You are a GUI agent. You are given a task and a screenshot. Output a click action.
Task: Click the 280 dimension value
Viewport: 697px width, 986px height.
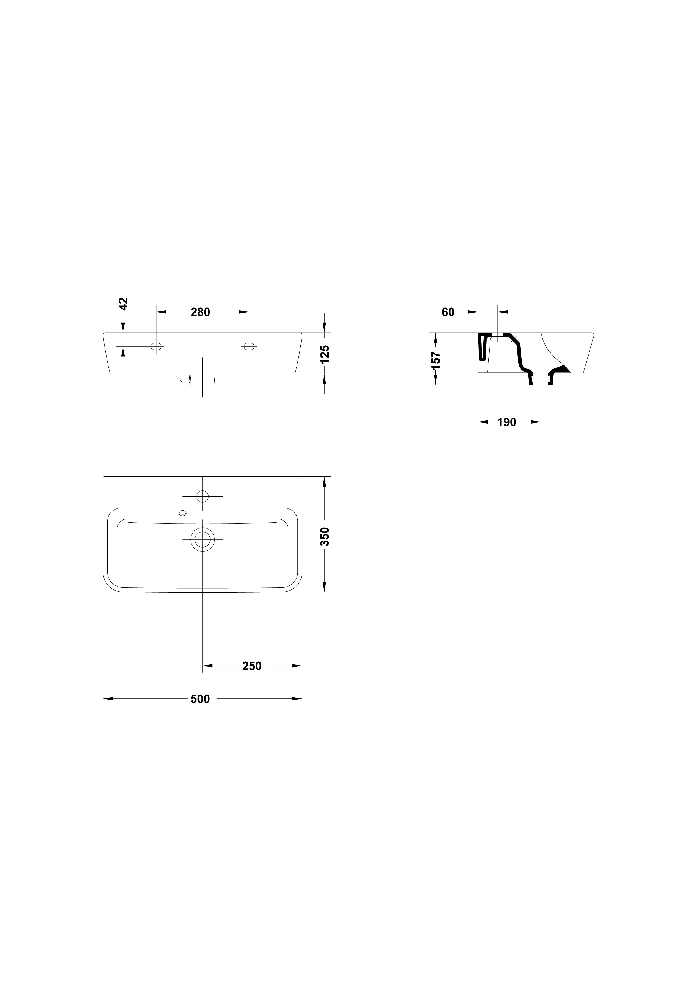tap(200, 312)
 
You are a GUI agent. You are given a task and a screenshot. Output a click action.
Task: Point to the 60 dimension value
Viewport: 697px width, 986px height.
tap(448, 312)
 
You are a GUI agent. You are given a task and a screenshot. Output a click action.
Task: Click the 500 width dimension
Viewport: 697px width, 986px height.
tap(200, 699)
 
